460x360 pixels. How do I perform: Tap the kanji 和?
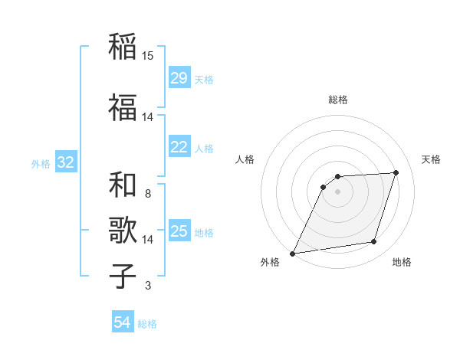pos(123,185)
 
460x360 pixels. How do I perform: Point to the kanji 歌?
pos(123,230)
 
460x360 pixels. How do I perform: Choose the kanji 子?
pos(123,276)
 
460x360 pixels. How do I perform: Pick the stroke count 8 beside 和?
pos(148,195)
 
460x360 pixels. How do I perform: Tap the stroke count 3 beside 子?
pos(148,286)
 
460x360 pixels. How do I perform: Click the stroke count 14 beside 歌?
pos(148,240)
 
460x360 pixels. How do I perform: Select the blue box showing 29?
pos(179,78)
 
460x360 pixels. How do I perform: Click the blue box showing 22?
pos(179,147)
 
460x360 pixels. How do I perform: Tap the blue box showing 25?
pos(179,231)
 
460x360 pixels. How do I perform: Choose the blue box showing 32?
pos(65,162)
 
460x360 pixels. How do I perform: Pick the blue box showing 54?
pos(123,322)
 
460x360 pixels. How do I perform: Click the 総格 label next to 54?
pos(147,324)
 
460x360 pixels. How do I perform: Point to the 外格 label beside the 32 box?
pos(41,164)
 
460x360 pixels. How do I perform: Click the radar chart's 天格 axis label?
pos(431,159)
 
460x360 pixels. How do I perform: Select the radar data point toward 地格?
pos(374,242)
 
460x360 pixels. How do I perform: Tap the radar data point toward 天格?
pos(396,172)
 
